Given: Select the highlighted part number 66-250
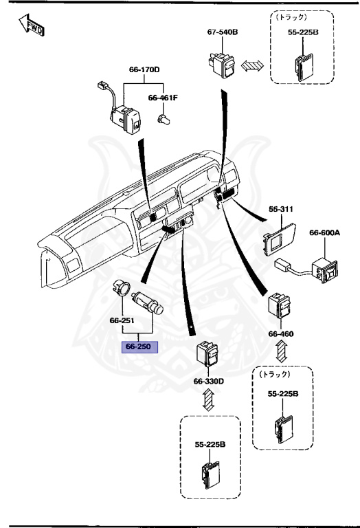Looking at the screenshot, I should pos(140,346).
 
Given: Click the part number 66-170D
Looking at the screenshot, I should pos(144,69).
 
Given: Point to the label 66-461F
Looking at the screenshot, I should pos(163,98).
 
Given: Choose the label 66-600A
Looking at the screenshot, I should pos(324,234).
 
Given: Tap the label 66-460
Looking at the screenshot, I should pos(280,334).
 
